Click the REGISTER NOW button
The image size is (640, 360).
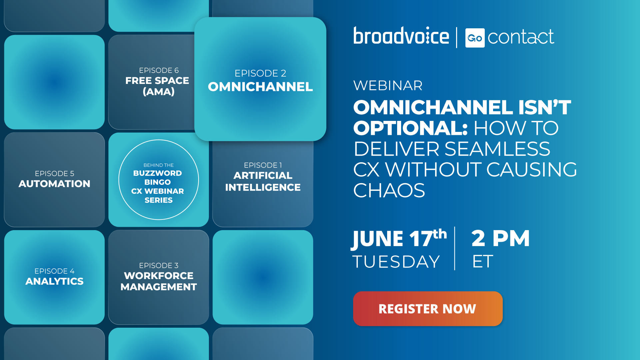428,309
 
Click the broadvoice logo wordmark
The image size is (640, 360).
401,36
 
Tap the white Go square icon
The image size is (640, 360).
475,38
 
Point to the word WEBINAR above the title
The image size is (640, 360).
388,86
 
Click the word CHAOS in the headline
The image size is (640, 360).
389,190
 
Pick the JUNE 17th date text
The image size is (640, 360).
399,238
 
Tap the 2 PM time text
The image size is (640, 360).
500,238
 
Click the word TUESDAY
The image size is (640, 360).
396,261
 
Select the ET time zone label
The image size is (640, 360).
483,261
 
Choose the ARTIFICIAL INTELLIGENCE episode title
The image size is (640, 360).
263,181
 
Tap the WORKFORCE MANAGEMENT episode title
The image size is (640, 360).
159,281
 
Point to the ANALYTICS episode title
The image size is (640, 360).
55,281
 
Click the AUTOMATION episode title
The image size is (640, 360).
55,184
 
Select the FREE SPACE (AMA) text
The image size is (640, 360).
157,86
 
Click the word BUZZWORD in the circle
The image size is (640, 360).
158,173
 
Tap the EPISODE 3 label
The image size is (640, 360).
159,265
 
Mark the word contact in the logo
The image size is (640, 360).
521,37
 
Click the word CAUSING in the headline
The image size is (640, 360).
532,170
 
